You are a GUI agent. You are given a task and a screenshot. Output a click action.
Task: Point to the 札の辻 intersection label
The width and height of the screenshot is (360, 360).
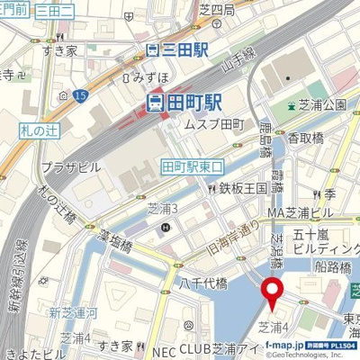point(37,131)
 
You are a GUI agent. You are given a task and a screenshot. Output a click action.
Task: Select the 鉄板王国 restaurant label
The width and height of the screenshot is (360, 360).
point(237,188)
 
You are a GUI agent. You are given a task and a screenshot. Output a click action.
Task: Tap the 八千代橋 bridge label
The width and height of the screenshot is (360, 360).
point(202,283)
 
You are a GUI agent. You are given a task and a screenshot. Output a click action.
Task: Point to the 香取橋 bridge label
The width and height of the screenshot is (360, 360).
point(305,138)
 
